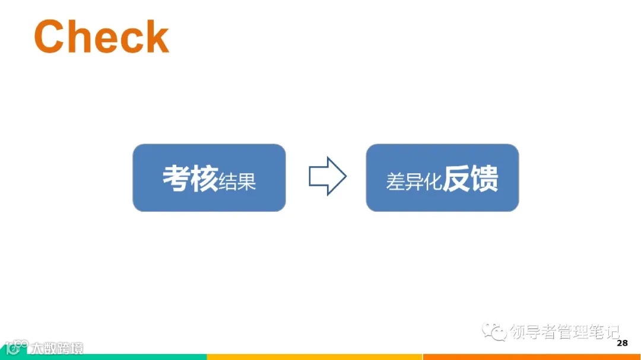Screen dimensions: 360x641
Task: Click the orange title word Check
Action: point(101,37)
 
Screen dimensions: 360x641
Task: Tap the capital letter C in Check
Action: point(49,37)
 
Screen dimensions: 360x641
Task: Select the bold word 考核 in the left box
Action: point(190,178)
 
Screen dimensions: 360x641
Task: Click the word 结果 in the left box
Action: point(237,181)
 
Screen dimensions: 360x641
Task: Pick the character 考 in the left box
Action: point(176,178)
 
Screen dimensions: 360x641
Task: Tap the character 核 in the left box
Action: point(204,178)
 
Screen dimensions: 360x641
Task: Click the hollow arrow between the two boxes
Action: point(327,176)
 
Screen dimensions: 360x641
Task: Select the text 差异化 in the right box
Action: point(414,181)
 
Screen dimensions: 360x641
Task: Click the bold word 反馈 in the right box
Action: point(471,179)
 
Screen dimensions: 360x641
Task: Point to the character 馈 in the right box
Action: point(485,179)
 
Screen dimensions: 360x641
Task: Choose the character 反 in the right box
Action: point(457,179)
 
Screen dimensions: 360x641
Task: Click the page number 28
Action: point(622,343)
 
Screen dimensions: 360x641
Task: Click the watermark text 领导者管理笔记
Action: point(564,332)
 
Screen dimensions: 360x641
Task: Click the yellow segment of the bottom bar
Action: point(315,357)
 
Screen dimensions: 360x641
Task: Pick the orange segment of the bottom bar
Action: point(531,357)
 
